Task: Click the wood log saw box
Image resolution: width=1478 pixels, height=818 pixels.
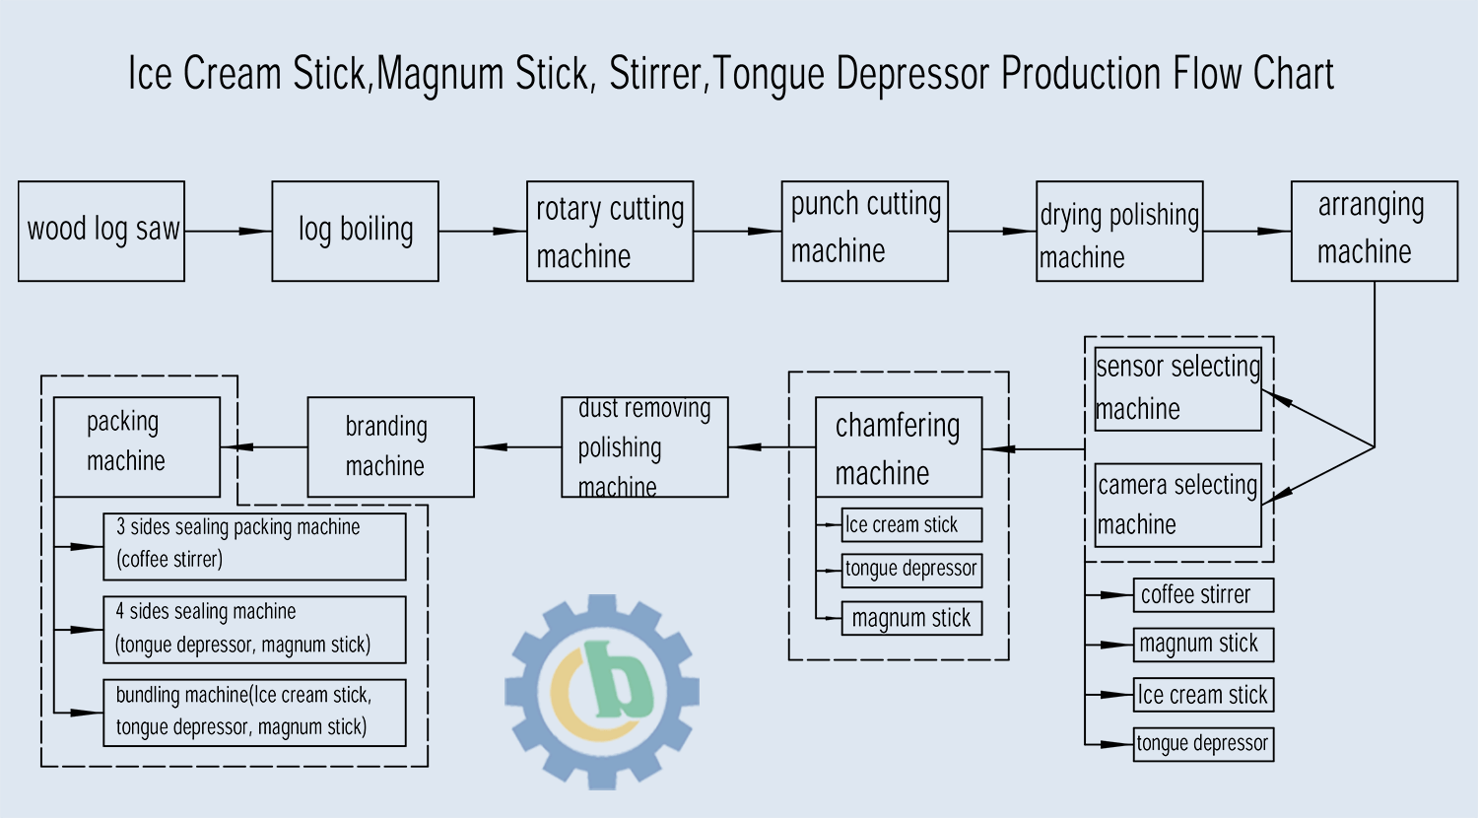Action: click(x=101, y=232)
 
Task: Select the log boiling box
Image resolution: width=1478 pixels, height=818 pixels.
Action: click(x=355, y=232)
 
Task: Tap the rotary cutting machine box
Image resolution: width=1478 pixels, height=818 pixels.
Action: click(x=610, y=232)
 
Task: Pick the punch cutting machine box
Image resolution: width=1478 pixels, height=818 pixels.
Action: click(x=864, y=232)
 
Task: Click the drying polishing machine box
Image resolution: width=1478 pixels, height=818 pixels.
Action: click(x=1119, y=232)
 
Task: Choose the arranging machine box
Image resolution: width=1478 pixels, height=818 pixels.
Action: click(x=1374, y=232)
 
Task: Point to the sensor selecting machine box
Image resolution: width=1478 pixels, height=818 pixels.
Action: click(x=1177, y=388)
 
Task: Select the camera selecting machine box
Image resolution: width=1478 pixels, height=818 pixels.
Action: click(x=1177, y=505)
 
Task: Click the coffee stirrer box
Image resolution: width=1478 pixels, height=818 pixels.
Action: click(x=1203, y=595)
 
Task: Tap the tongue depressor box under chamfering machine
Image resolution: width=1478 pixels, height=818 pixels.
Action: click(x=911, y=570)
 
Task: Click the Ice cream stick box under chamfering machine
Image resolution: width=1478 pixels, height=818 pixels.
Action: click(x=911, y=525)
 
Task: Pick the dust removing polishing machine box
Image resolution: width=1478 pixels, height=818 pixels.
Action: click(x=644, y=447)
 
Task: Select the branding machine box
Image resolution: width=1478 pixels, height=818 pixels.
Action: click(x=390, y=447)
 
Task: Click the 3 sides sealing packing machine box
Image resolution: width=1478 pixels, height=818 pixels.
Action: click(x=254, y=546)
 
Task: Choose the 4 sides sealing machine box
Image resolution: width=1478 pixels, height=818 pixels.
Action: click(x=254, y=630)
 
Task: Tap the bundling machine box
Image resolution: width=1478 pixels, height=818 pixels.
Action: click(x=254, y=713)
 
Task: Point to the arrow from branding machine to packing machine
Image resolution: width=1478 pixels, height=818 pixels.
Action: click(x=264, y=447)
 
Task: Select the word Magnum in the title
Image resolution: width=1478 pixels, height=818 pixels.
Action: click(x=433, y=75)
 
